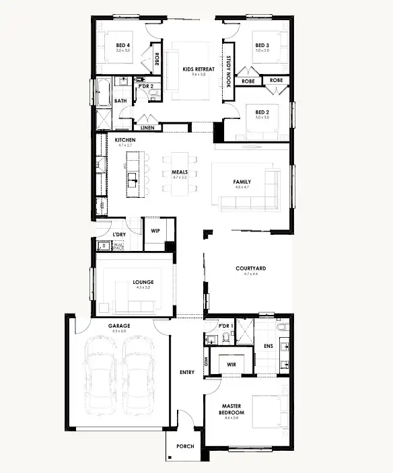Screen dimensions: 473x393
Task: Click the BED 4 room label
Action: pos(122,45)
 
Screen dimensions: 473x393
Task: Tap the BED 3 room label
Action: pos(262,45)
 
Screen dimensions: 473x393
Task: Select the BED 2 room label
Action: pos(262,112)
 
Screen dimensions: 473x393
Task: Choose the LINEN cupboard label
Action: pos(147,128)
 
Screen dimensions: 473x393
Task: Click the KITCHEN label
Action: pos(126,139)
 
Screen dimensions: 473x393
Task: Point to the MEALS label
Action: pos(179,172)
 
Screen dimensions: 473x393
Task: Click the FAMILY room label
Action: pos(242,182)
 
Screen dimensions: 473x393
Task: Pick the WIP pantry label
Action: pos(155,229)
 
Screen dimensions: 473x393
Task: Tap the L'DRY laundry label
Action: pos(119,234)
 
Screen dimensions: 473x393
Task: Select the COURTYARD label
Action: pos(250,268)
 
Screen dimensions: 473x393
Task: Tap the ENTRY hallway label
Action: pos(187,372)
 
